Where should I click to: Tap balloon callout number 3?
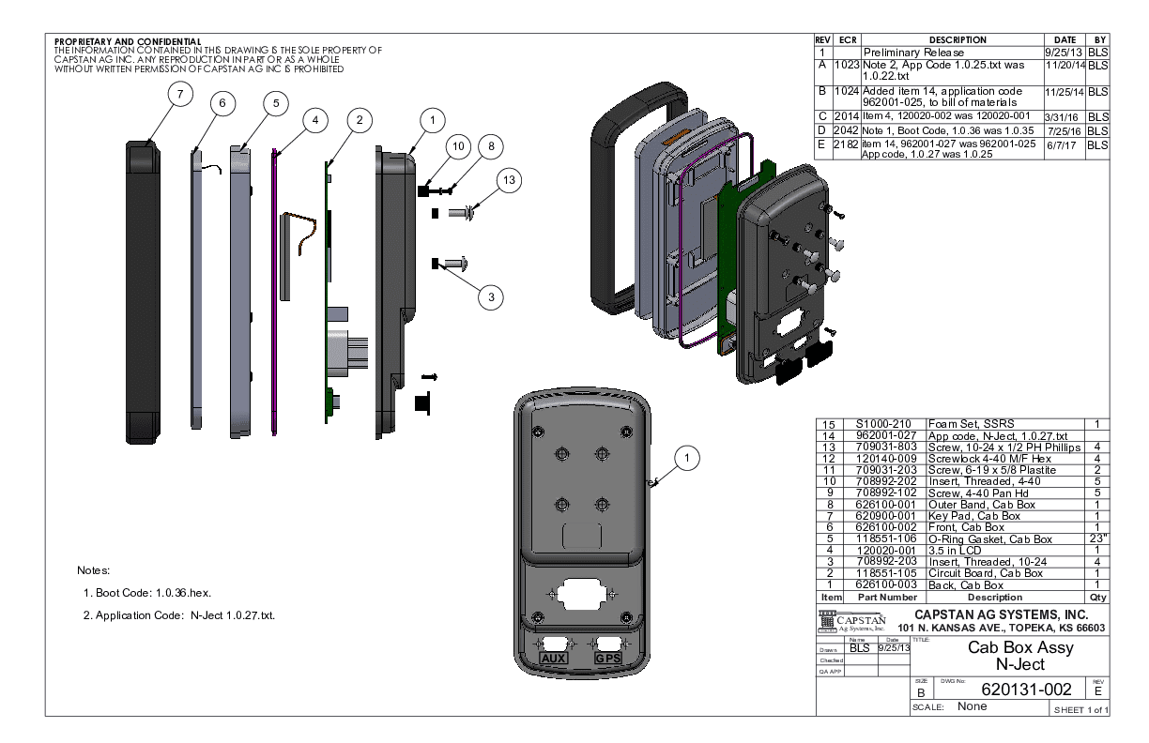coord(489,297)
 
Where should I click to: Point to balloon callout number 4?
coord(315,121)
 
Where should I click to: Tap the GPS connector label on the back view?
coord(609,659)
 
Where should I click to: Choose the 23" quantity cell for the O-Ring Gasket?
coord(1095,538)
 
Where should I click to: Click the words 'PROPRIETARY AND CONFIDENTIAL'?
coord(128,41)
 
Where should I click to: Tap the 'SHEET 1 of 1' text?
coord(1079,710)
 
